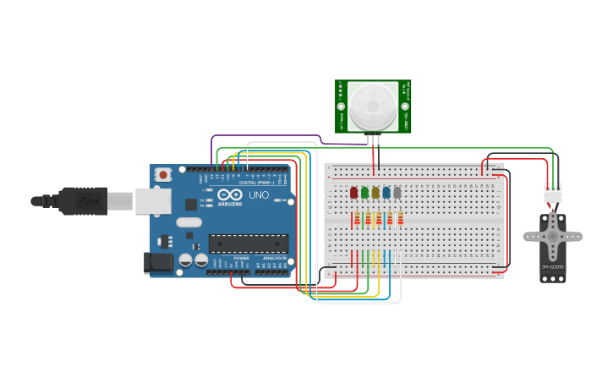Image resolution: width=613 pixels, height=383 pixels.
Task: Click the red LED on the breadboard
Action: click(353, 193)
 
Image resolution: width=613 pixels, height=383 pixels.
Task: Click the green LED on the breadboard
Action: click(364, 193)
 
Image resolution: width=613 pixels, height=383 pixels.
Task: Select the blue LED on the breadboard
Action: click(386, 193)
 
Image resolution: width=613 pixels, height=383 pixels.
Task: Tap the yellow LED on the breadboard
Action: click(375, 193)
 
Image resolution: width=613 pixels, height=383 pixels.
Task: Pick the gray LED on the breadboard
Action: click(397, 193)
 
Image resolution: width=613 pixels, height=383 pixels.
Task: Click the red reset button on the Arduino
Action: click(163, 175)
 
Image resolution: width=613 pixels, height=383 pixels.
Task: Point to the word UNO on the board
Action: click(259, 195)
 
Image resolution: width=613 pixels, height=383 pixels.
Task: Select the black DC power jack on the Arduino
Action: click(158, 263)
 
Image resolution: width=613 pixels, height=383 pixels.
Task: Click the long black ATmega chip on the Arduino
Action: click(249, 243)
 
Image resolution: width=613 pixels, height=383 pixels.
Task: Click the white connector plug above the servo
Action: click(552, 193)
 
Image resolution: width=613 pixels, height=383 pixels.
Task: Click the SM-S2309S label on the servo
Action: click(552, 267)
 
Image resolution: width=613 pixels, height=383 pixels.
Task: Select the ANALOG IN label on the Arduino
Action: click(273, 257)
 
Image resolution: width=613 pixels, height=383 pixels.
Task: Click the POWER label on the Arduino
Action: click(241, 257)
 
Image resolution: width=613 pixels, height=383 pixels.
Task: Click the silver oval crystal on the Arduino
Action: click(189, 222)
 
